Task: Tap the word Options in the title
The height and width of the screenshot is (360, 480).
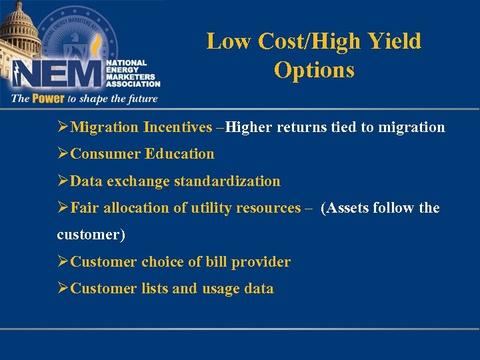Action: pos(314,70)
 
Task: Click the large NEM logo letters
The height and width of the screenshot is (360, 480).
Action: pos(57,74)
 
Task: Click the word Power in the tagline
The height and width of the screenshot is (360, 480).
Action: pos(47,99)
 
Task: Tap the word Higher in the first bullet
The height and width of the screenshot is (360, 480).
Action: pos(249,127)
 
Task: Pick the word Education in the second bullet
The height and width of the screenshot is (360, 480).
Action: pos(180,154)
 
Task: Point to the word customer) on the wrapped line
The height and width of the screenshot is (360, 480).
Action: pos(91,235)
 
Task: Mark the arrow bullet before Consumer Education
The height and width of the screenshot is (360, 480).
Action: pos(63,154)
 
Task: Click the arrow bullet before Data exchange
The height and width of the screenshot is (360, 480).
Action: pos(63,181)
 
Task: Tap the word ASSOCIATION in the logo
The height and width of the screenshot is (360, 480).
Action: pos(133,85)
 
